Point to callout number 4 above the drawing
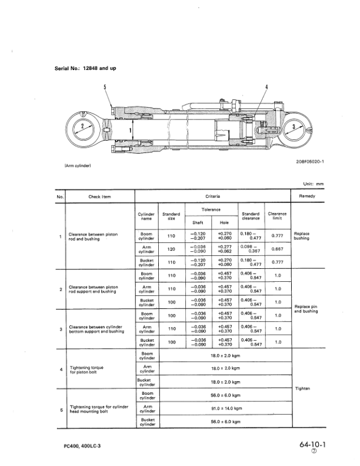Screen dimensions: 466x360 point(266,88)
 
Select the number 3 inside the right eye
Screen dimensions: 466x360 point(292,127)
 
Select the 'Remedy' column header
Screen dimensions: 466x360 point(307,197)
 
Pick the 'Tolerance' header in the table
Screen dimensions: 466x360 point(211,210)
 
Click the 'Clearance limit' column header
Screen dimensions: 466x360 point(278,216)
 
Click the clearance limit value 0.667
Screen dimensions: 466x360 point(278,249)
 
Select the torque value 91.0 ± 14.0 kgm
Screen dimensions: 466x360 point(226,408)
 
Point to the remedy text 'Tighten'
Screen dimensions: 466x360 point(302,389)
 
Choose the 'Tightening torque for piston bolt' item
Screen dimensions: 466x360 point(86,370)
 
